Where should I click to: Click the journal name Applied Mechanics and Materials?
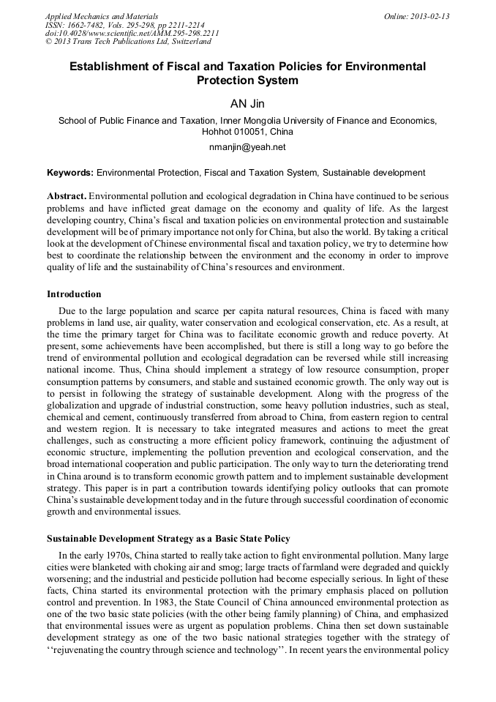tap(101, 16)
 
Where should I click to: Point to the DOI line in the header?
tap(132, 34)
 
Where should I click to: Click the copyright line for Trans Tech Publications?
tap(128, 42)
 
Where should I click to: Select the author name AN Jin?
tap(248, 104)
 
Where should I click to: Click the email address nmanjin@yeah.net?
tap(248, 146)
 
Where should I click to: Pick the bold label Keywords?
tap(70, 173)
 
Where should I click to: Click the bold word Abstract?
tap(67, 197)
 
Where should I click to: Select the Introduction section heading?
tap(74, 294)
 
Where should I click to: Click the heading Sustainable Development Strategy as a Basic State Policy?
tap(168, 539)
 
